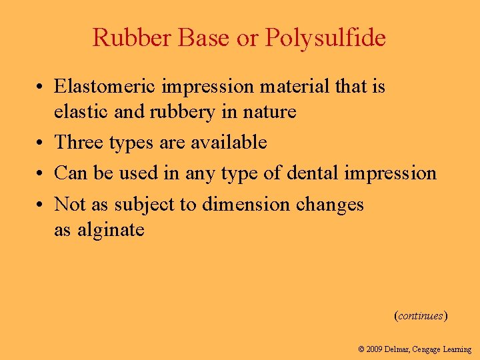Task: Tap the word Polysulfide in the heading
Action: click(325, 39)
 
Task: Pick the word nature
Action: click(270, 112)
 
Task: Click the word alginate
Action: click(111, 230)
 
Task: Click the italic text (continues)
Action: click(421, 315)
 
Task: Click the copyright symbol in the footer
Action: click(361, 349)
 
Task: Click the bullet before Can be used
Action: click(41, 174)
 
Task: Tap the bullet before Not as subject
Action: click(41, 205)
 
